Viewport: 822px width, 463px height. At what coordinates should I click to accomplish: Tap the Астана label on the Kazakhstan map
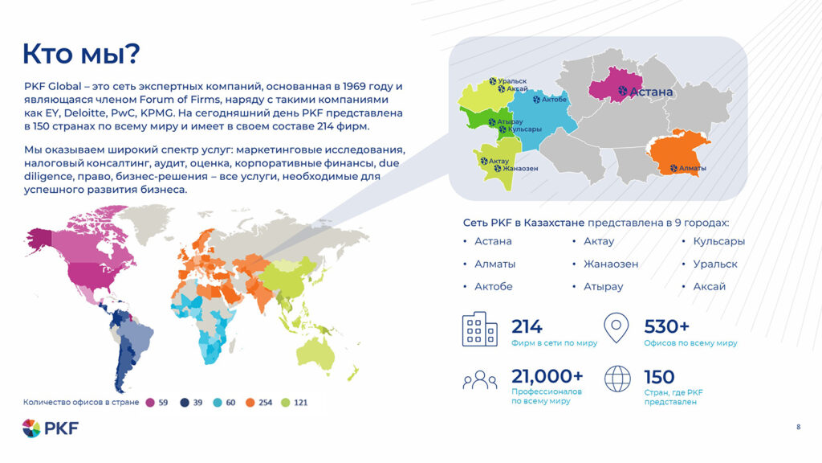tap(651, 92)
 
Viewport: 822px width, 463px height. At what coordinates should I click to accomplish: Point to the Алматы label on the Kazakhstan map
tap(692, 168)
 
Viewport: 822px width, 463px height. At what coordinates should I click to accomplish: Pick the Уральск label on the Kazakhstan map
tap(511, 81)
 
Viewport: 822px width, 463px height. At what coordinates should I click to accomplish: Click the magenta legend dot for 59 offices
tap(150, 402)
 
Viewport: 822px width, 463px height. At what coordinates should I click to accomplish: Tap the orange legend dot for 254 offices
tap(250, 402)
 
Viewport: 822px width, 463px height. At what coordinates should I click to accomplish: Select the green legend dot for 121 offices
tap(285, 402)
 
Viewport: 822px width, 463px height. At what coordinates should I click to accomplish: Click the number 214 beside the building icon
tap(527, 326)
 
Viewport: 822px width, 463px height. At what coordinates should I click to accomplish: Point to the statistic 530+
tap(666, 326)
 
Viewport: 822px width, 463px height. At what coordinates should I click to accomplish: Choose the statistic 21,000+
tap(547, 376)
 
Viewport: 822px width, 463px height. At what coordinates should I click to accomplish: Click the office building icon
tap(479, 330)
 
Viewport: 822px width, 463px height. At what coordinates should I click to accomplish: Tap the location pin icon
tap(616, 328)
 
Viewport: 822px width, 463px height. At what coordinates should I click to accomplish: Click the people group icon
tap(479, 379)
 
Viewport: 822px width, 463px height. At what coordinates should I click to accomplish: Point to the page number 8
tap(798, 426)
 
